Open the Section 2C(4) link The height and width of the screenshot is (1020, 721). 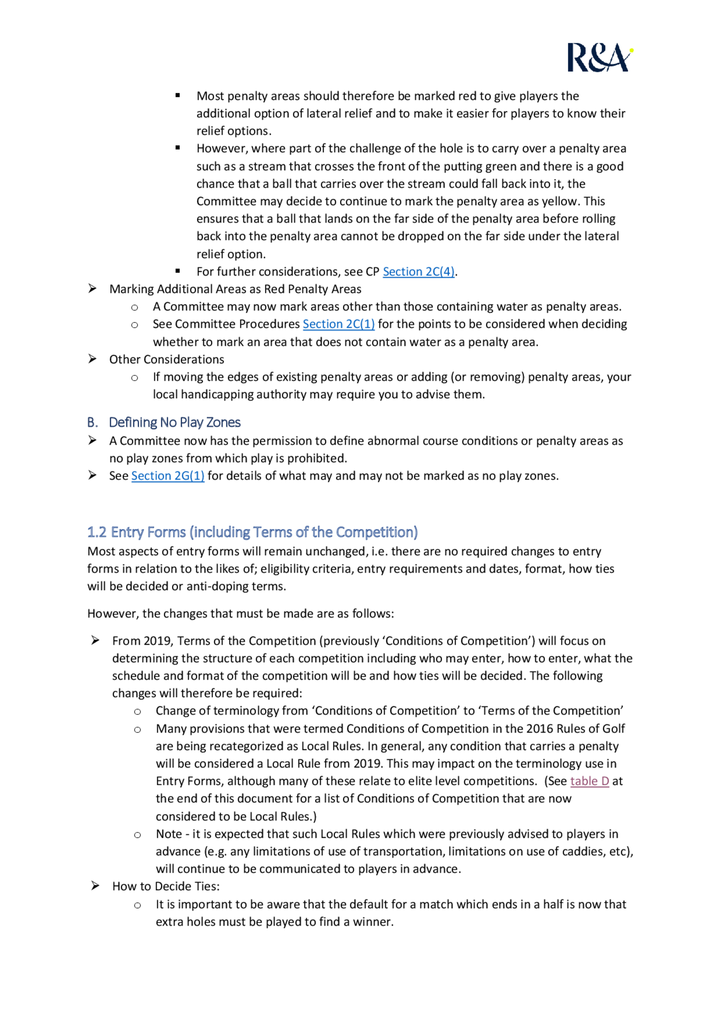419,271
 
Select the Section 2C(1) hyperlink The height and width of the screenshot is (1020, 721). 339,324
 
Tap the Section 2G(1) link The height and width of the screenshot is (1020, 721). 168,476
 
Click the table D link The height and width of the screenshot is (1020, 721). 589,781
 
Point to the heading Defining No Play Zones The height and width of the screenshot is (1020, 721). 174,422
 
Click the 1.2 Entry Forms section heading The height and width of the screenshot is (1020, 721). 252,532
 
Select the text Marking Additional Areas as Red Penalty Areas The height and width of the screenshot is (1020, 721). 235,289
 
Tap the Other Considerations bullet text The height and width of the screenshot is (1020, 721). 167,359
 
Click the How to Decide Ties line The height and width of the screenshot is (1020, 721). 166,886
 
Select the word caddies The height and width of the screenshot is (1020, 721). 582,852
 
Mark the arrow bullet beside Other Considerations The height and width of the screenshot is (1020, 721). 92,359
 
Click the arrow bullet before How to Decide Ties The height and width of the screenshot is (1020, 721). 95,886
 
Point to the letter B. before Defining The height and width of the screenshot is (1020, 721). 92,422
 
